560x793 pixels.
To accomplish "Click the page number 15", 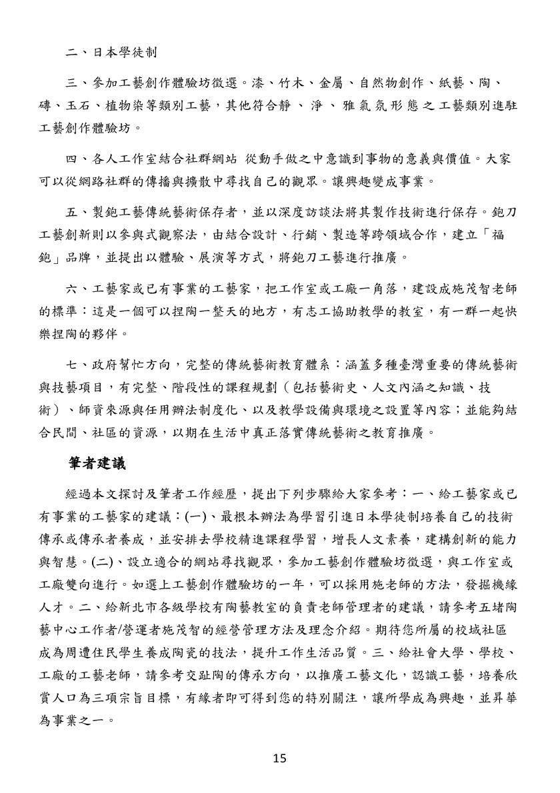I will click(280, 758).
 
